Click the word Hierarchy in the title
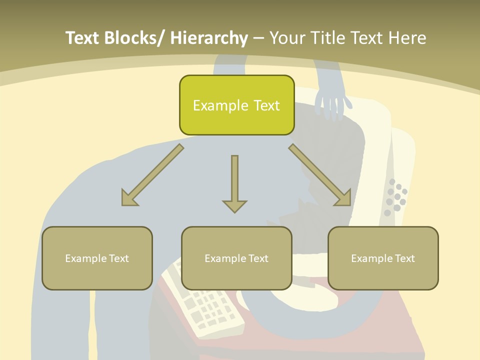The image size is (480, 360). tap(209, 38)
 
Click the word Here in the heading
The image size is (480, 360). tap(407, 38)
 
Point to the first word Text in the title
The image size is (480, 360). tap(82, 38)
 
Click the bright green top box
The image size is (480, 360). tap(236, 105)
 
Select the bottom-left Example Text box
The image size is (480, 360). tap(97, 258)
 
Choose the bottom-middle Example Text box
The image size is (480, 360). tap(236, 258)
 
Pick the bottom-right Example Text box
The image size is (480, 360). tap(383, 258)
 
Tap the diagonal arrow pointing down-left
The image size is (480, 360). tap(152, 175)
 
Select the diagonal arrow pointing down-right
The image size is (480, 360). tap(320, 175)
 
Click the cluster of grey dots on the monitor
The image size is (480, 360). tap(395, 196)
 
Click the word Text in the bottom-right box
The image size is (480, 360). tap(403, 258)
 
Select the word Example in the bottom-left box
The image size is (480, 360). tap(85, 258)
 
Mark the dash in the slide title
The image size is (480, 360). tap(258, 38)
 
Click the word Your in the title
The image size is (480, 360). tap(287, 38)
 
